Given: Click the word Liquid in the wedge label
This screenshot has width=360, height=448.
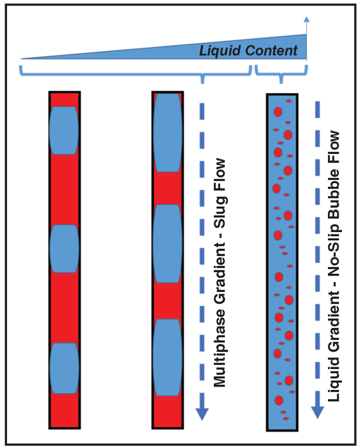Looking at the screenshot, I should point(218,50).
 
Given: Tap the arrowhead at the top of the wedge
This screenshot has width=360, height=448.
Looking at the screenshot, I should point(307,21).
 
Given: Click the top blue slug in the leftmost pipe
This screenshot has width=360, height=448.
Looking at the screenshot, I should point(64,130).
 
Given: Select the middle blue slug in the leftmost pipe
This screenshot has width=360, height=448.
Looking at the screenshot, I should point(64,248).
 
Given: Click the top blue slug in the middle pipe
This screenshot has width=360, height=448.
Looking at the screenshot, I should point(167,132).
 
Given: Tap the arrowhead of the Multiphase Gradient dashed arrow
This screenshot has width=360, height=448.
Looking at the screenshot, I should point(201,413).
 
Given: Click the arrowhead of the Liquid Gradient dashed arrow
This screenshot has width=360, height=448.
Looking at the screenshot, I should point(317,411).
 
